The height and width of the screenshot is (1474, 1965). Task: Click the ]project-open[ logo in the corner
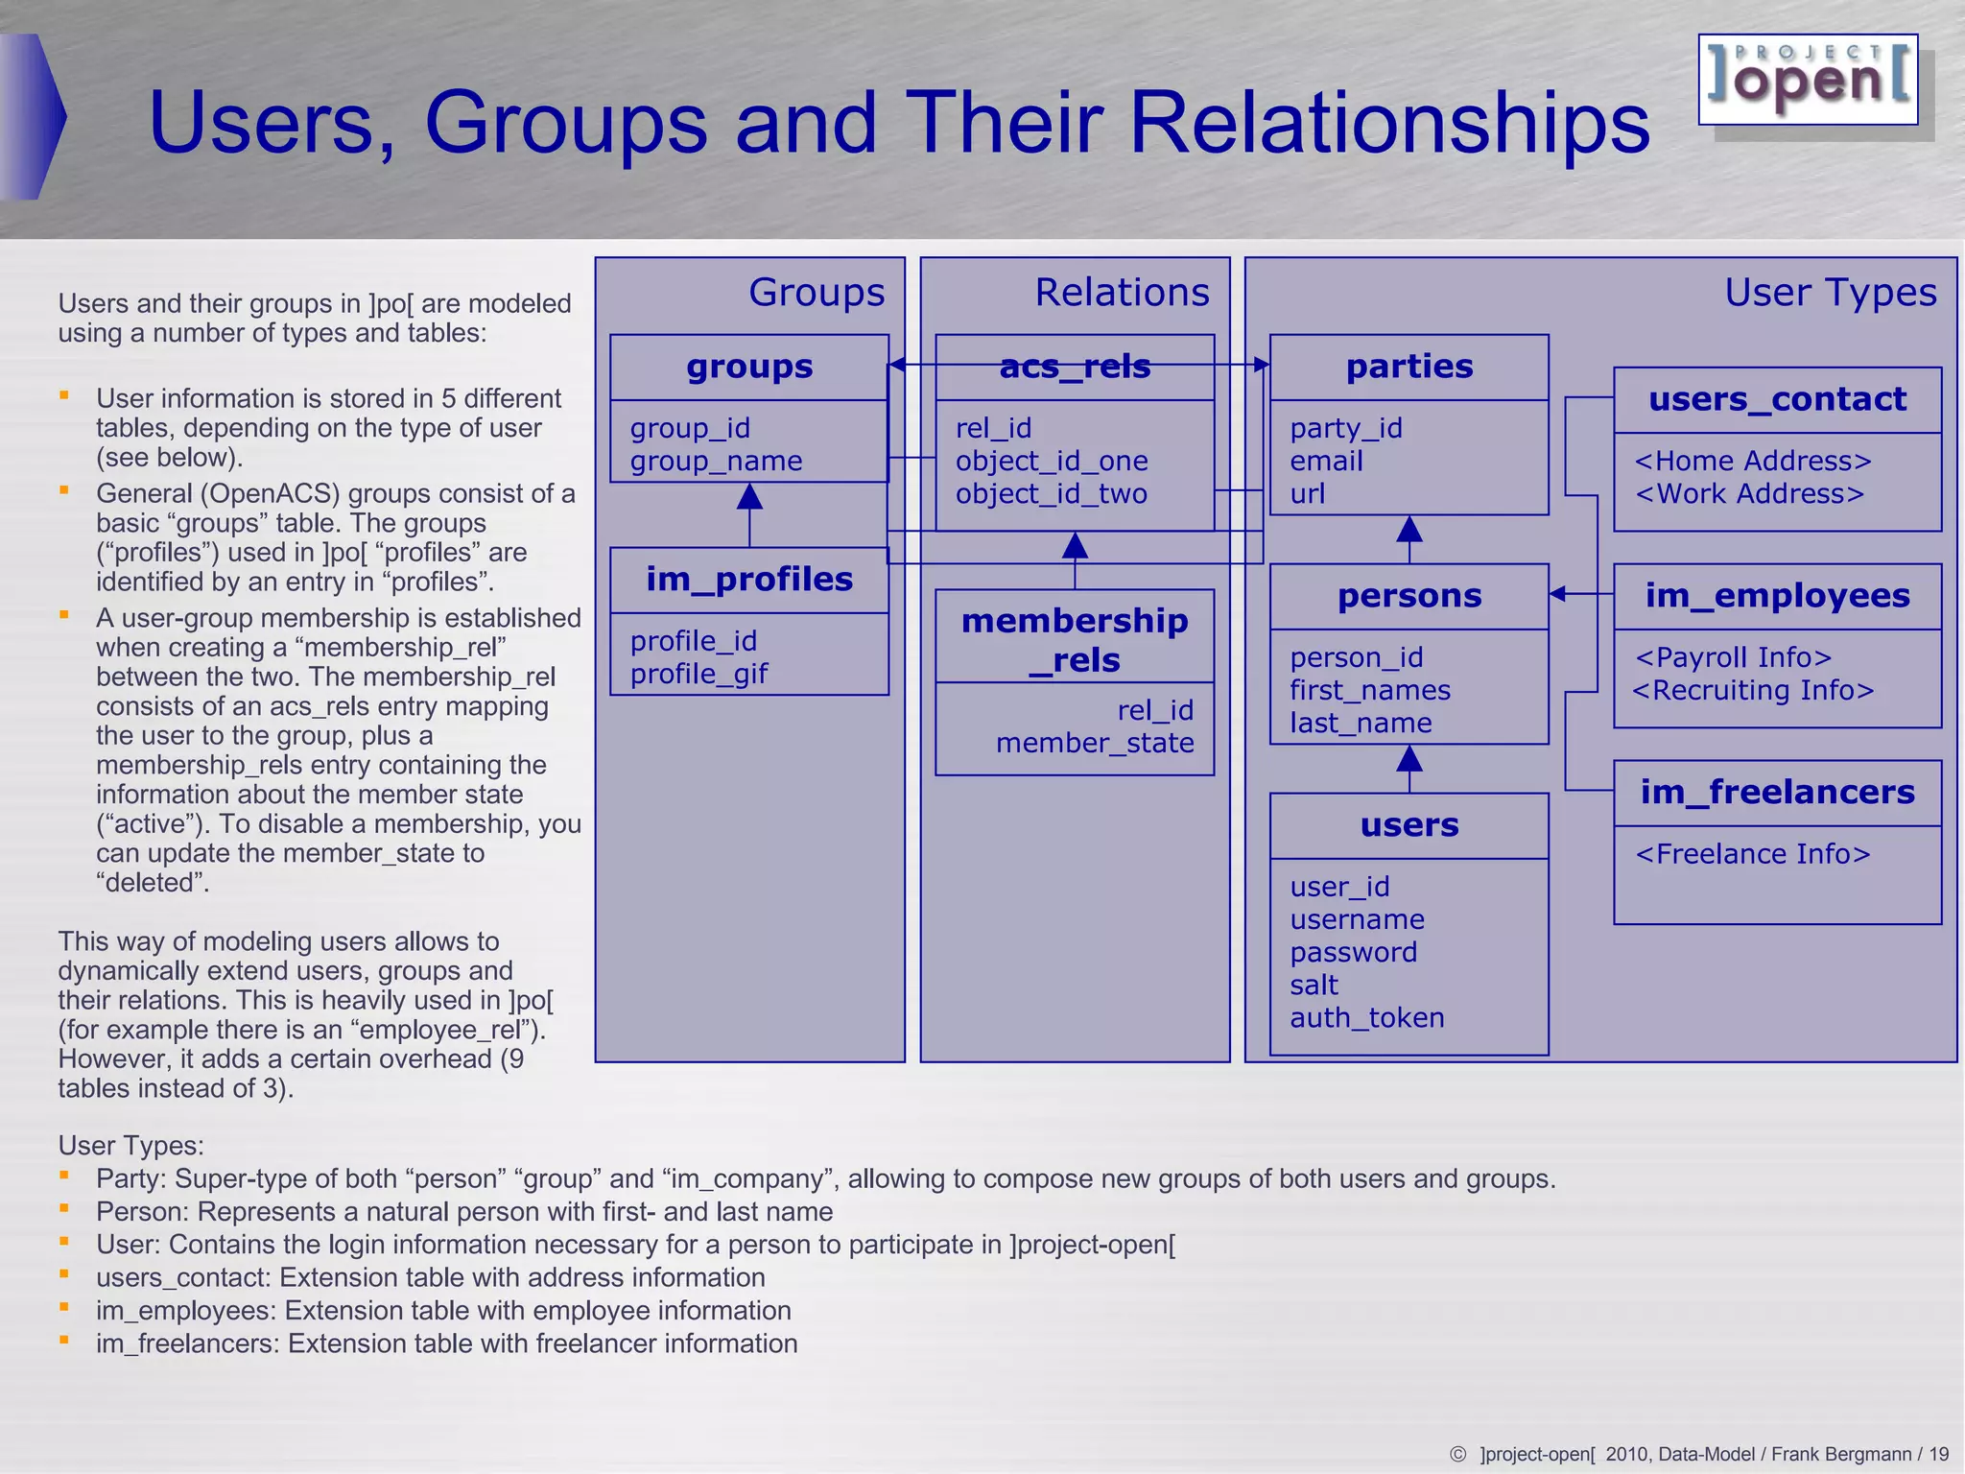(1808, 80)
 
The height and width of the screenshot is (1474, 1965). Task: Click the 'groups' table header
(749, 367)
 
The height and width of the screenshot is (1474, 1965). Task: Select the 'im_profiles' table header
(749, 580)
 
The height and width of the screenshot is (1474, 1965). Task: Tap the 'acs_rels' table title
(1075, 367)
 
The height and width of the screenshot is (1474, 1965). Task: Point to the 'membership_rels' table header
(1075, 639)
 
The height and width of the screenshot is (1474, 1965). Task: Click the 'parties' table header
(1409, 367)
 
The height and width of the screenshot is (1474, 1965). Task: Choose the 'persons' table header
(1409, 596)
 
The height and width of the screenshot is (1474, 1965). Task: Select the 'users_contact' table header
(1777, 399)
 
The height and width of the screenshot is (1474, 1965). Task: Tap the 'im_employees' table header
(1777, 596)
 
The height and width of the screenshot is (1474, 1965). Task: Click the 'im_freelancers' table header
(1777, 793)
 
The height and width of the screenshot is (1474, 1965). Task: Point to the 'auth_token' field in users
(1366, 1017)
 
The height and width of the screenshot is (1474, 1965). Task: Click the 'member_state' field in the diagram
(1095, 743)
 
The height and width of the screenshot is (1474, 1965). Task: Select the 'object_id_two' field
(1051, 493)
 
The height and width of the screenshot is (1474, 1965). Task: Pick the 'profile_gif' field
(698, 674)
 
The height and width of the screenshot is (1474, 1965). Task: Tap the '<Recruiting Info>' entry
(1753, 690)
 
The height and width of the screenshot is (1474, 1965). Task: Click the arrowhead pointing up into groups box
(749, 497)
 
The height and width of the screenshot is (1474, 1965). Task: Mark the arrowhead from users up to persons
(1409, 760)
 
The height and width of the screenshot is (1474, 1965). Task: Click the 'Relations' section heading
(1122, 292)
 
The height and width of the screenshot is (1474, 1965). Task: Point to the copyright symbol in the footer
(1457, 1454)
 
